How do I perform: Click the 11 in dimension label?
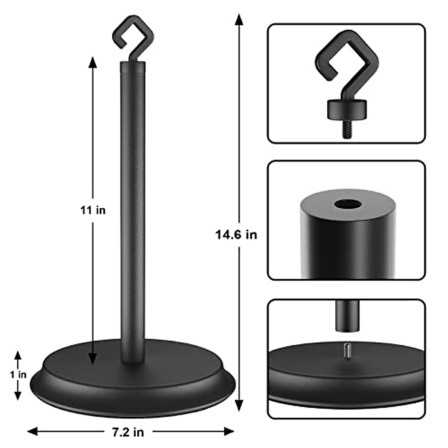[93, 210]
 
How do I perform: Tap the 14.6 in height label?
[236, 234]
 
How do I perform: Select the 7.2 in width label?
[128, 432]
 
